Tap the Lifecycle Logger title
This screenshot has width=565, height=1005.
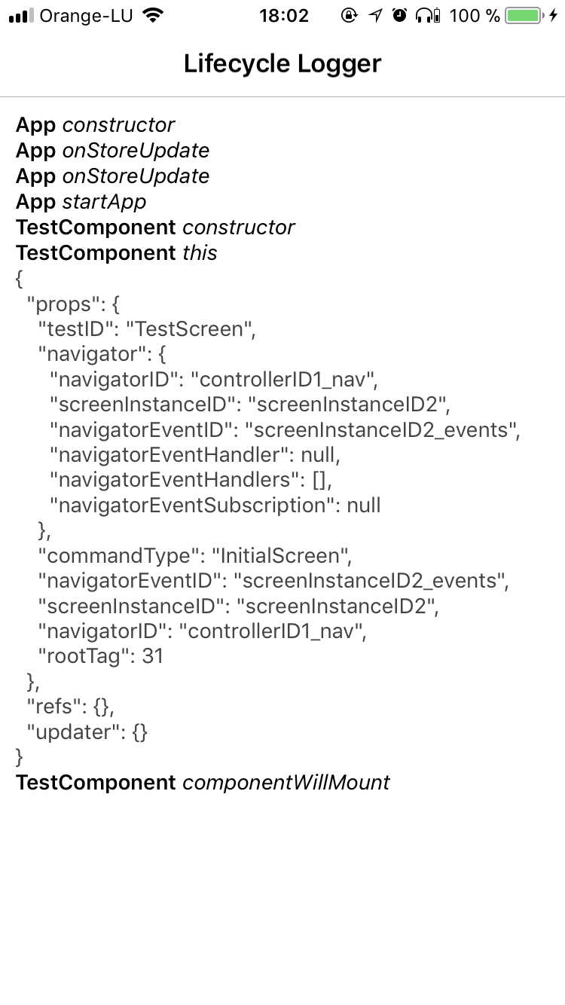(x=282, y=64)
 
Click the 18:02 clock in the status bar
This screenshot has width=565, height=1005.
(x=284, y=16)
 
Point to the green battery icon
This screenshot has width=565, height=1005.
(x=523, y=16)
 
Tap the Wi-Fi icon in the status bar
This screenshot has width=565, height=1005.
(x=153, y=16)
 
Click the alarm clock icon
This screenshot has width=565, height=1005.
(x=400, y=16)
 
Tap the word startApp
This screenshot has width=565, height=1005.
(x=104, y=202)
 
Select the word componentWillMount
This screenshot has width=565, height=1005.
(x=286, y=783)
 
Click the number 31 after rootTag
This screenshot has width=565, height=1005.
(x=153, y=656)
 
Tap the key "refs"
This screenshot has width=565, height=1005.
(x=56, y=707)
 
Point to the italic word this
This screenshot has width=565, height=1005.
(x=200, y=253)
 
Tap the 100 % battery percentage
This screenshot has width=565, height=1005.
(x=475, y=16)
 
